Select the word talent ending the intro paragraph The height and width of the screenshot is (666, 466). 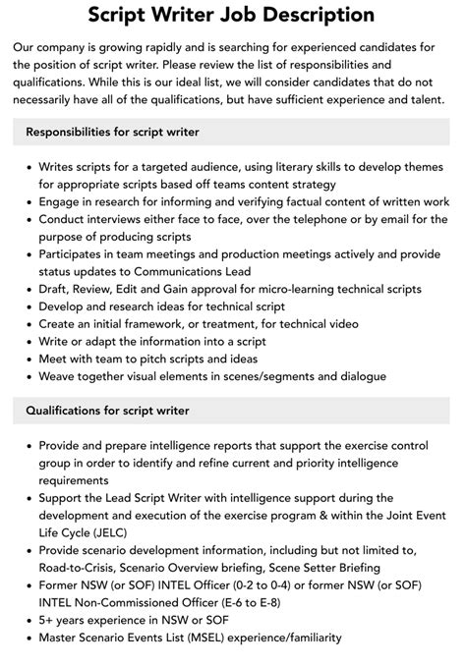(x=423, y=99)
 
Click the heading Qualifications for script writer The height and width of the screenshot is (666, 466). (x=107, y=410)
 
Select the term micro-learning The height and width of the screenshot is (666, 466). (x=260, y=289)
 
